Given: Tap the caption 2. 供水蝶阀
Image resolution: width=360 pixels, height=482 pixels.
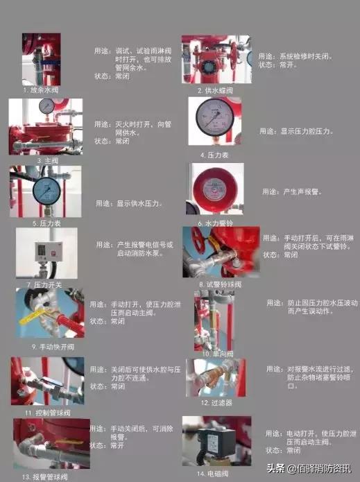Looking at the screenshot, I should coord(214,90).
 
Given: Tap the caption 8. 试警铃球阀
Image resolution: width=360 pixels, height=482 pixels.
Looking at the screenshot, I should coord(220,284).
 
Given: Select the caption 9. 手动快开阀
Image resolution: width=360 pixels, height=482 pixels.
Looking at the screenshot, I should coord(52,346).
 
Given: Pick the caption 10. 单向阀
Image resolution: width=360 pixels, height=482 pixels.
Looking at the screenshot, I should coord(217,354).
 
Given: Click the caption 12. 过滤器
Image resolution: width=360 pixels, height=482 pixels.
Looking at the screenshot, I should coord(216,402).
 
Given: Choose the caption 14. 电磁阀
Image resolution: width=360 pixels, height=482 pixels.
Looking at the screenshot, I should coord(212,474).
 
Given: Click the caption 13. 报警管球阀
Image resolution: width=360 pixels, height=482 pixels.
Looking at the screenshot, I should coord(46,476).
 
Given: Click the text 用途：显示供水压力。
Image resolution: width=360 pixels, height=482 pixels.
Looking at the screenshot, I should coord(130,203).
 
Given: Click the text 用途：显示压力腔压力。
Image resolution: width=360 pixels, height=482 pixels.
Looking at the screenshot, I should coord(297,130).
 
